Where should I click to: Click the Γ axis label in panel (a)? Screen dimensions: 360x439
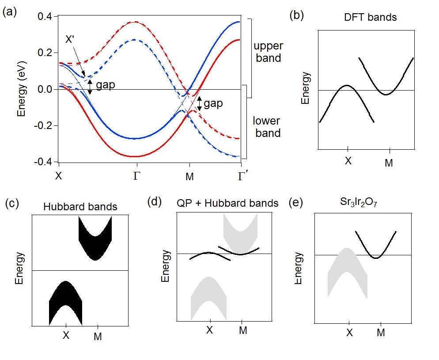pos(136,177)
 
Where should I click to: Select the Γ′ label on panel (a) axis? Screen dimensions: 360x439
pos(242,177)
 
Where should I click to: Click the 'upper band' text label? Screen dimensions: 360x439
pos(269,52)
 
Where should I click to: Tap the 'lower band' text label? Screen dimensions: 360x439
pos(267,127)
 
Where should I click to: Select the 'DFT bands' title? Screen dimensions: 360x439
pos(370,18)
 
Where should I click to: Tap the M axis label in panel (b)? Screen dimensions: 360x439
pos(389,163)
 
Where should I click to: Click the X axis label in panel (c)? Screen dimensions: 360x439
pos(66,335)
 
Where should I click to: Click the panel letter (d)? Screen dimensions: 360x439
pos(155,203)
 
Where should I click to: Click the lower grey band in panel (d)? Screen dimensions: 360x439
pos(209,300)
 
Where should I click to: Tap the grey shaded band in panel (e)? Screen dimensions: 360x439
pos(347,274)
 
